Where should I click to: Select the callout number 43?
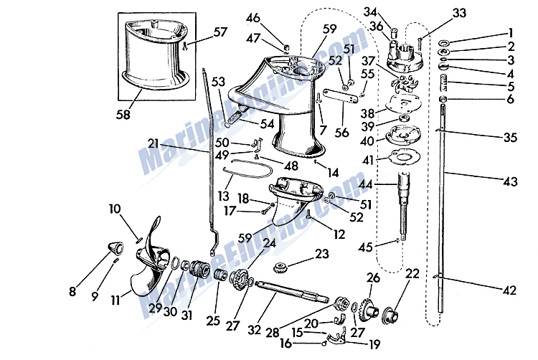coord(509,182)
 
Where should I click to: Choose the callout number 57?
coord(220,32)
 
